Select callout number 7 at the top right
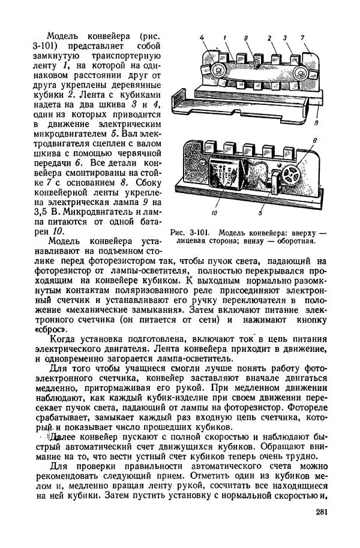(304, 39)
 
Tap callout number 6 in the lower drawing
(314, 141)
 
